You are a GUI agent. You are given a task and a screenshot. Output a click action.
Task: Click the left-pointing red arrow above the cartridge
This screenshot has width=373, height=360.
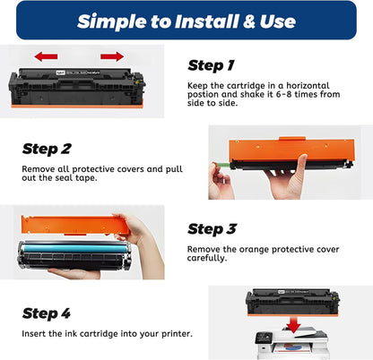[46, 56]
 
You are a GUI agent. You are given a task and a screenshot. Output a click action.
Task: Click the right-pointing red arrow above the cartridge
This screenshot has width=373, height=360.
[112, 56]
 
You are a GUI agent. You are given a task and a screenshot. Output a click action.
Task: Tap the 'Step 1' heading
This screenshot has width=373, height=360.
[212, 65]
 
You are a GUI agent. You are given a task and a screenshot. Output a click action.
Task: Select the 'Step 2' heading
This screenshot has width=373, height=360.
[47, 149]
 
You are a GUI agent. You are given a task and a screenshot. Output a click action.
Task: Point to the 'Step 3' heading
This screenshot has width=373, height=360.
[213, 229]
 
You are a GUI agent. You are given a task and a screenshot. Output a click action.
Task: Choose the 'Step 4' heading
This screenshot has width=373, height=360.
[47, 313]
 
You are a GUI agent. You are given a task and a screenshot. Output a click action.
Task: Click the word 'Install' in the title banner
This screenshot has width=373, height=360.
[206, 21]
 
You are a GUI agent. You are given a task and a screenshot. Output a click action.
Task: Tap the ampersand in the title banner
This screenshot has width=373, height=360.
[249, 21]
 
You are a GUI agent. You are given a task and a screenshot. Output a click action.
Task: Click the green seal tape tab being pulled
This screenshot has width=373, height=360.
[222, 165]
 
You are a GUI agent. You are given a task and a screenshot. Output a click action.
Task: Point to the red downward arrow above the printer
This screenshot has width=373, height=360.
[293, 325]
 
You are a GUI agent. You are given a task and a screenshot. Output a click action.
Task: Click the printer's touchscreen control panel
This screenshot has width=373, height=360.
[263, 338]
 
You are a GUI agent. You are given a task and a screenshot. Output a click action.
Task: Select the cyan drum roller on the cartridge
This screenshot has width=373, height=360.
[75, 248]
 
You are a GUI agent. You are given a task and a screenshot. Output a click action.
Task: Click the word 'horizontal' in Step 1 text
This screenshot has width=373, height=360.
[308, 86]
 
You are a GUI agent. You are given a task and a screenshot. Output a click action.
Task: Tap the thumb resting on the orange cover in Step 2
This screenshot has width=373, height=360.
[301, 167]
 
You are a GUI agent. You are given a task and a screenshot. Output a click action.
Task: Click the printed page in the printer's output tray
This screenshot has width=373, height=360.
[292, 347]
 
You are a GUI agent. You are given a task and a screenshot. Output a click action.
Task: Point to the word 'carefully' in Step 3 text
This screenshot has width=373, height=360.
[207, 258]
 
